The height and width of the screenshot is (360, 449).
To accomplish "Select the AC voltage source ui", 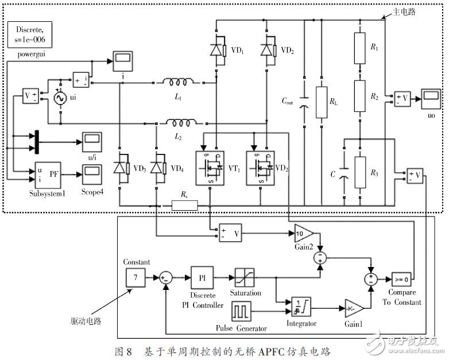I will pos(59,98).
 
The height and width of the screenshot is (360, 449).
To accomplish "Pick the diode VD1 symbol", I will pos(216,51).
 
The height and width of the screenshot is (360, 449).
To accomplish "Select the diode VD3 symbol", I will pos(119,168).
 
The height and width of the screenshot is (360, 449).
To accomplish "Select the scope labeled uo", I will pos(429,98).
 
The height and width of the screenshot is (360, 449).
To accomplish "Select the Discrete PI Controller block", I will pos(202,277).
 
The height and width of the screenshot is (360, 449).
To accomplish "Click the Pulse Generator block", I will pos(241,312).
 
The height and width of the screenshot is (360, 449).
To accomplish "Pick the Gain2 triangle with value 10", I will pos(302,233).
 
